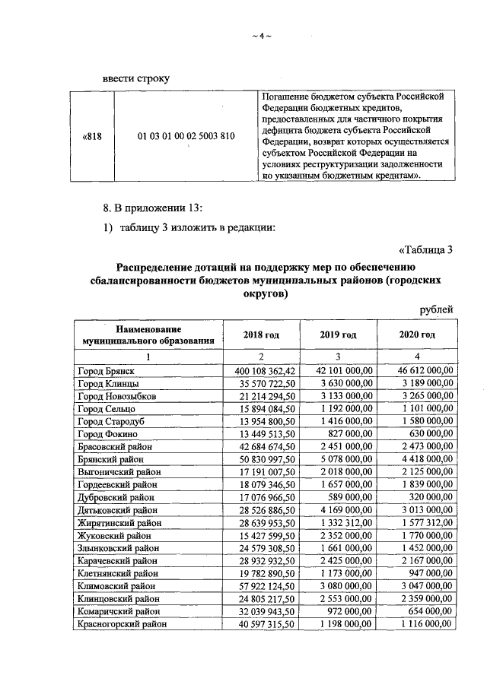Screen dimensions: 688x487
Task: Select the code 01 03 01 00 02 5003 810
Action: (x=186, y=136)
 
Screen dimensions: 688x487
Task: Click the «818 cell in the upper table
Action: (x=92, y=136)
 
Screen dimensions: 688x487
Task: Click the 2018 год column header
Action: (x=260, y=334)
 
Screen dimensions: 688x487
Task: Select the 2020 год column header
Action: (x=417, y=334)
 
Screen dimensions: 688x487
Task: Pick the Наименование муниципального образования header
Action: (x=148, y=334)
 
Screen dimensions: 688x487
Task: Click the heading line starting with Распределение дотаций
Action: (x=265, y=266)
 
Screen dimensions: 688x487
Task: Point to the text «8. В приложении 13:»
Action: (x=156, y=208)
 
